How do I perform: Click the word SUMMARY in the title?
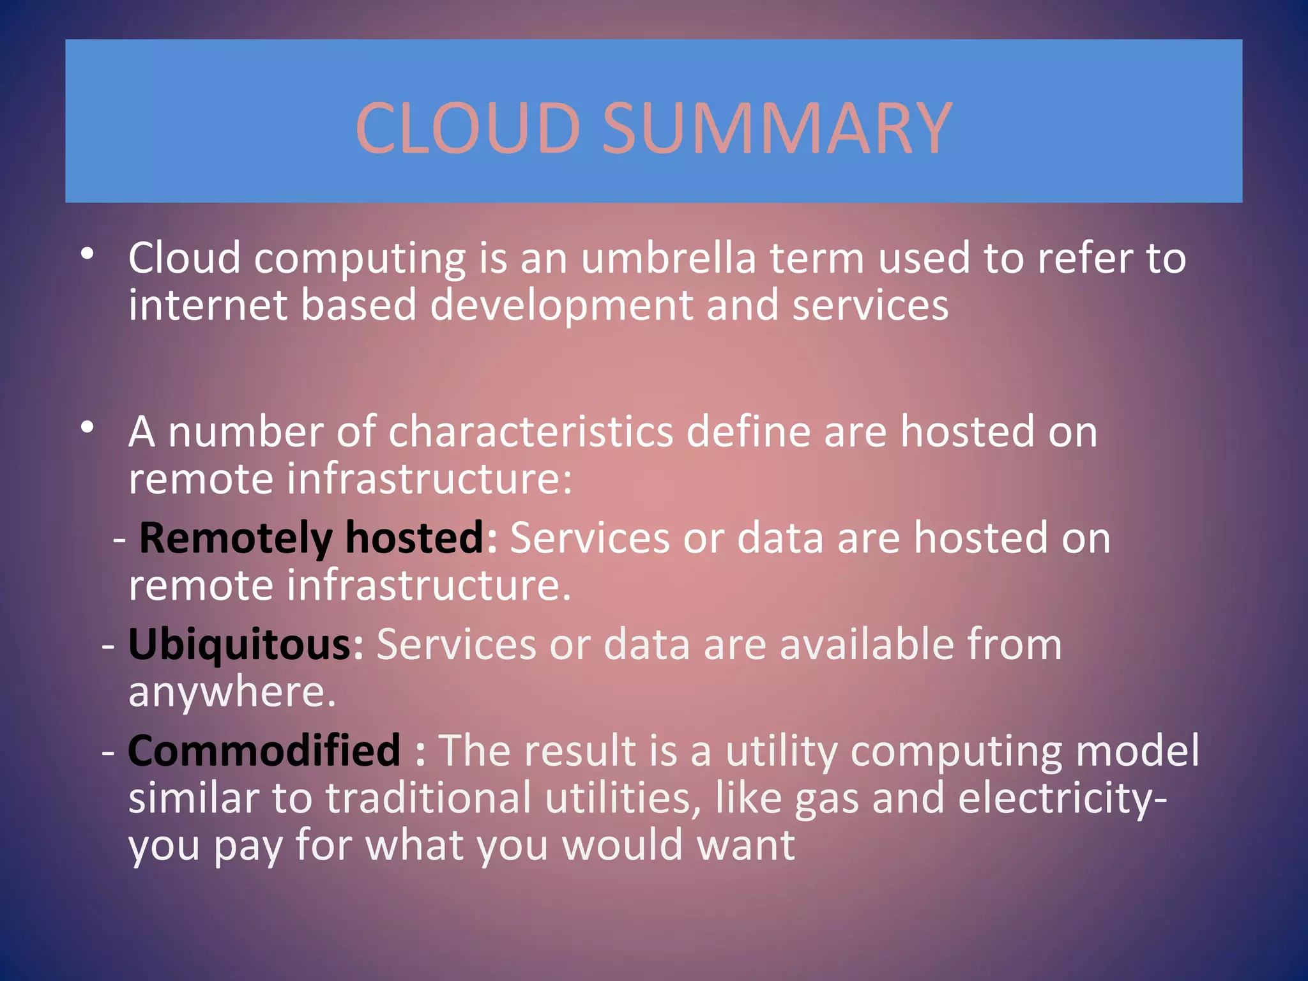[777, 128]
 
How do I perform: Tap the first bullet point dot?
[88, 254]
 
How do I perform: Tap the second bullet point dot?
[88, 427]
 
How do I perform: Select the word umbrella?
[668, 258]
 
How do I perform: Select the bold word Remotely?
[235, 538]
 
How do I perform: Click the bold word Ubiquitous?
[240, 644]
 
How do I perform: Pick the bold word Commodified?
[264, 750]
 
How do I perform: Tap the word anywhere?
[231, 692]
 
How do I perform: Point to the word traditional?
[428, 799]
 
